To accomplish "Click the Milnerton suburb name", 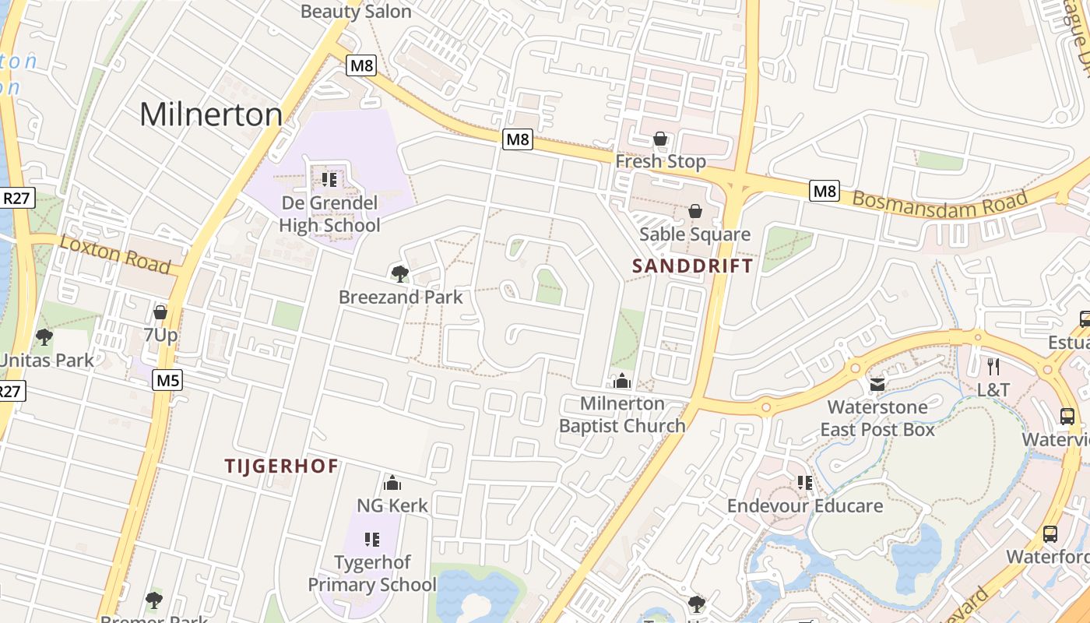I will pos(211,115).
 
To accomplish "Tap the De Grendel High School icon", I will pos(329,180).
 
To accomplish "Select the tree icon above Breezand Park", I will pos(399,273).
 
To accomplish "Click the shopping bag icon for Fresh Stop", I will pos(660,139).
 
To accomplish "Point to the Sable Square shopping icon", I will pos(695,211).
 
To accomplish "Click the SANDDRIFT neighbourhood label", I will pos(692,266).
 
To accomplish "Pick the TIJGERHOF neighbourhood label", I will pos(281,466).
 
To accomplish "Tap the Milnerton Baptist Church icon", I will pos(621,381).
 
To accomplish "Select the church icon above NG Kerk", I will pos(392,483).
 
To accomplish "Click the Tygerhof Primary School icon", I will pos(372,540).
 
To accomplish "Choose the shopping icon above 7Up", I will pos(160,312).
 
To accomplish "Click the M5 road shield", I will pos(167,380).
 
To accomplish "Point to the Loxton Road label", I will pos(115,254).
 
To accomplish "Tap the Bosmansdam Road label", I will pos(939,199).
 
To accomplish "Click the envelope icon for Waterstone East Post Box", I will pos(877,385).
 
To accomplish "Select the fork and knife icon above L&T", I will pos(993,366).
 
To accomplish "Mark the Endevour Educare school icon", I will pos(805,483).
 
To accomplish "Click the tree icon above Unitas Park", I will pos(44,337).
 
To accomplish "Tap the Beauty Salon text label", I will pos(356,11).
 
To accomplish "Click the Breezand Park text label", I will pos(400,297).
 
